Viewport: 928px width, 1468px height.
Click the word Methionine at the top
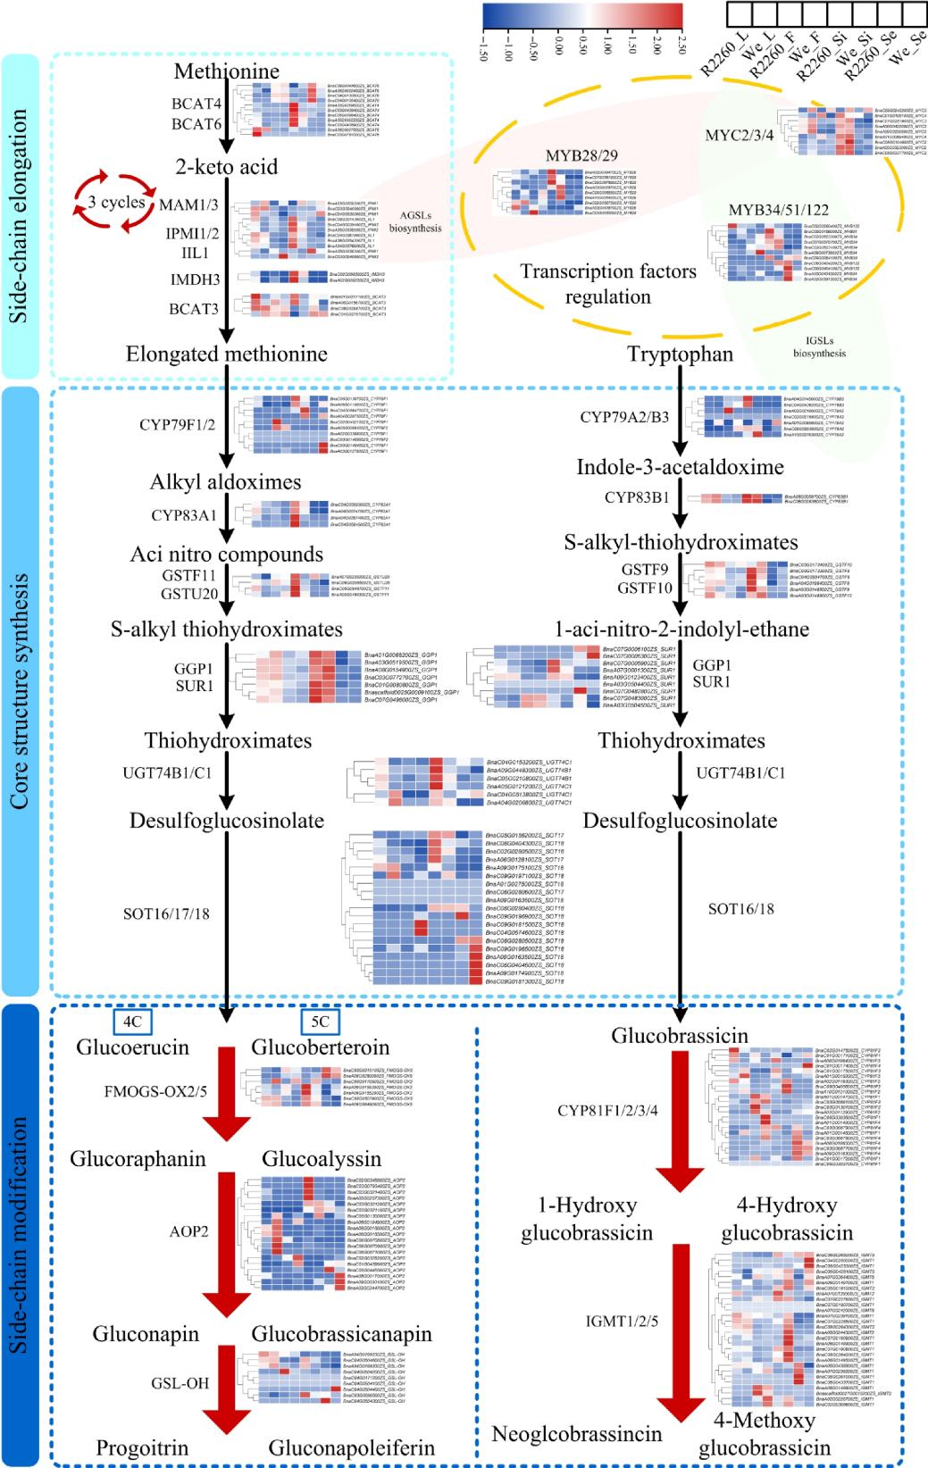pos(226,71)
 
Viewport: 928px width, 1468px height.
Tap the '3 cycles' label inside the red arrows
pos(117,203)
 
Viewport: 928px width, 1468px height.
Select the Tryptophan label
pos(680,354)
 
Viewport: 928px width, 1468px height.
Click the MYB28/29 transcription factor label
pos(581,156)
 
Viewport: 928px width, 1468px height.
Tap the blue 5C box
pos(321,1022)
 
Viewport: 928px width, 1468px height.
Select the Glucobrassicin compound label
pos(680,1036)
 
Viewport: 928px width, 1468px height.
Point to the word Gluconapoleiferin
pos(351,1447)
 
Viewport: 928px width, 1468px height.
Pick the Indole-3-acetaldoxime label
pos(680,467)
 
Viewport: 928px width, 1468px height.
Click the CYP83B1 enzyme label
pos(636,497)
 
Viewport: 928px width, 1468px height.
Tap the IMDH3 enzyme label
pos(194,279)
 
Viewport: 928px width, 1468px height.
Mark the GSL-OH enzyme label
pos(180,1383)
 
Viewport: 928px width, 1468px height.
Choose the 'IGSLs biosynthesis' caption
pos(819,347)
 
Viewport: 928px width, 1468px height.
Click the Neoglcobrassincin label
pos(577,1434)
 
